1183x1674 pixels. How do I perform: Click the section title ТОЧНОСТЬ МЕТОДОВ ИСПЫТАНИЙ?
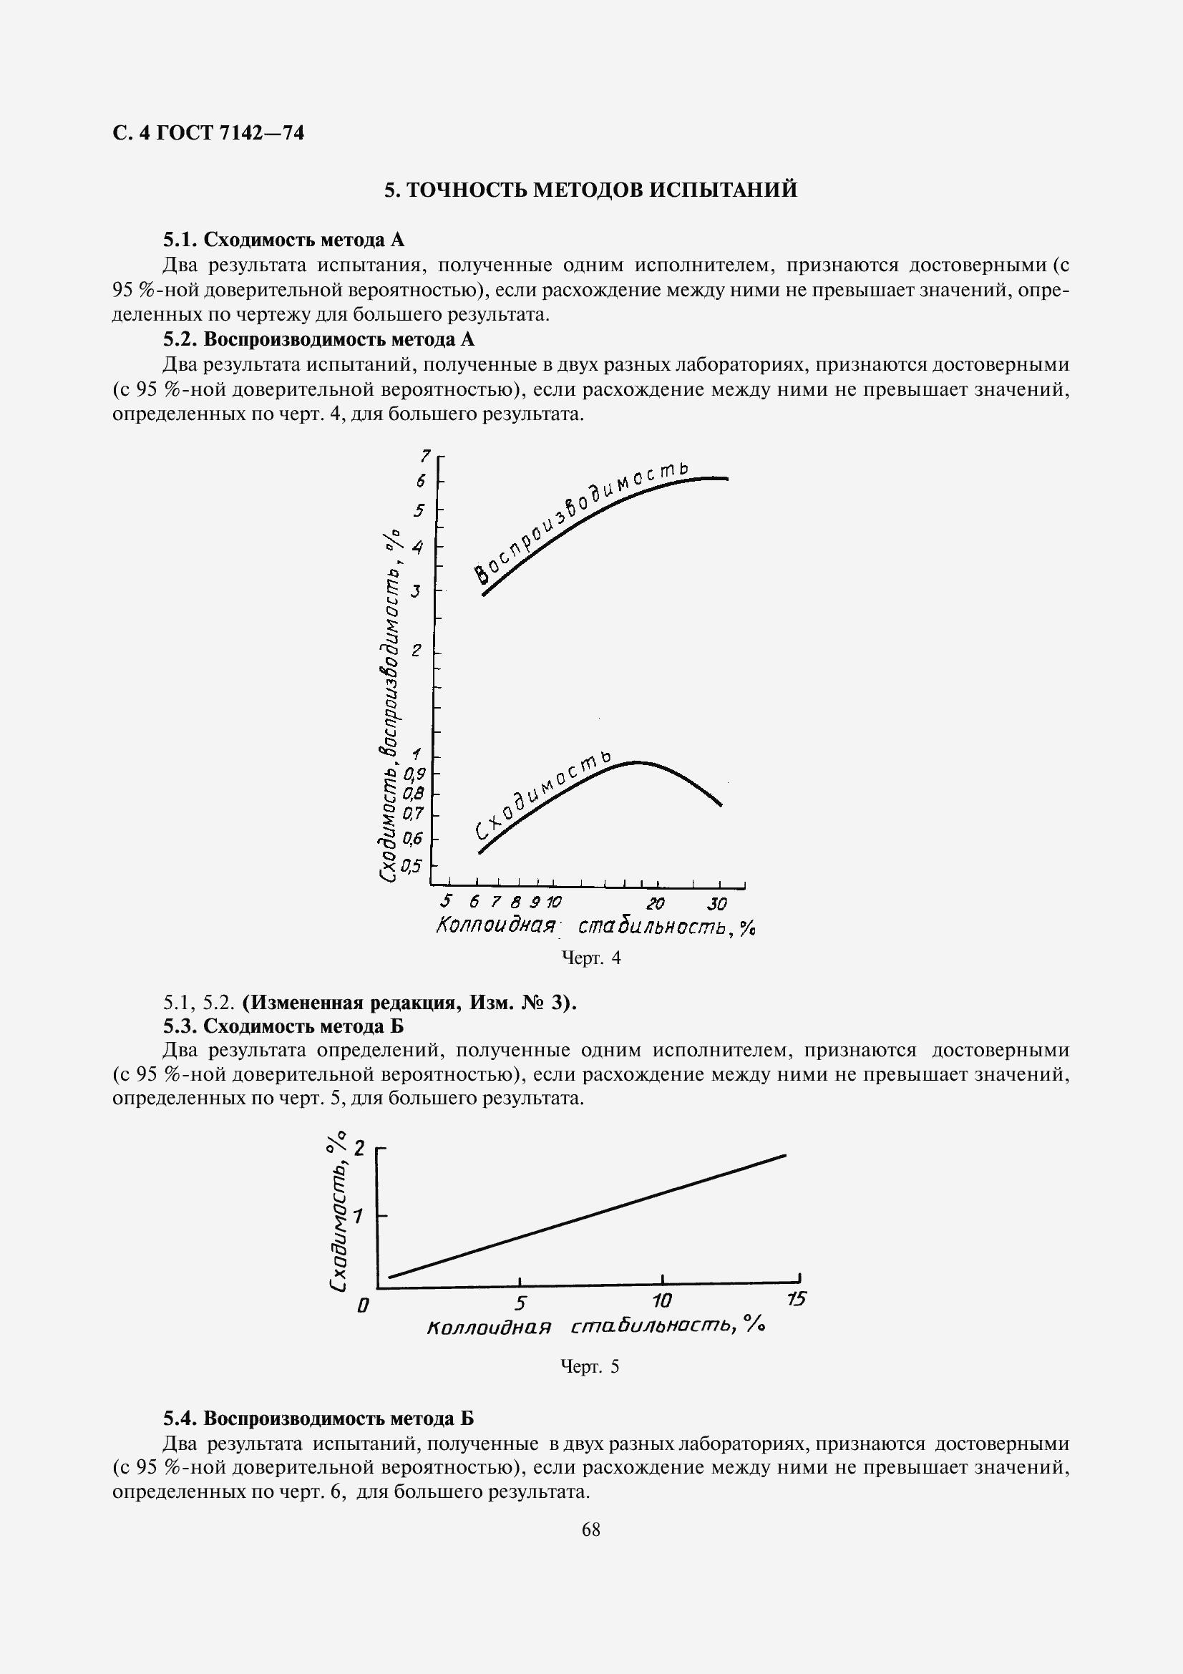[x=590, y=190]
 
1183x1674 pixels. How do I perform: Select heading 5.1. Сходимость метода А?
[x=283, y=240]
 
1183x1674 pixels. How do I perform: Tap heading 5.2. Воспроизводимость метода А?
[x=318, y=339]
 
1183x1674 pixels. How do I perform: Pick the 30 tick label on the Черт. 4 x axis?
[x=717, y=905]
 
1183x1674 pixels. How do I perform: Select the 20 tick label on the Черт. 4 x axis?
[x=656, y=905]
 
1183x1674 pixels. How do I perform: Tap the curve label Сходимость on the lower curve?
[x=543, y=794]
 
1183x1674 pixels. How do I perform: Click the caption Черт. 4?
[x=590, y=958]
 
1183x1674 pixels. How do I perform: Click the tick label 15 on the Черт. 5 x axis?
[x=797, y=1299]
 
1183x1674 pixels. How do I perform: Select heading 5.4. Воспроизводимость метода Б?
[x=318, y=1418]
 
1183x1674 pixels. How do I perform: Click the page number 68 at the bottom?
[x=591, y=1530]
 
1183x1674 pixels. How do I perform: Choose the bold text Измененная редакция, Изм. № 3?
[x=409, y=1003]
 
